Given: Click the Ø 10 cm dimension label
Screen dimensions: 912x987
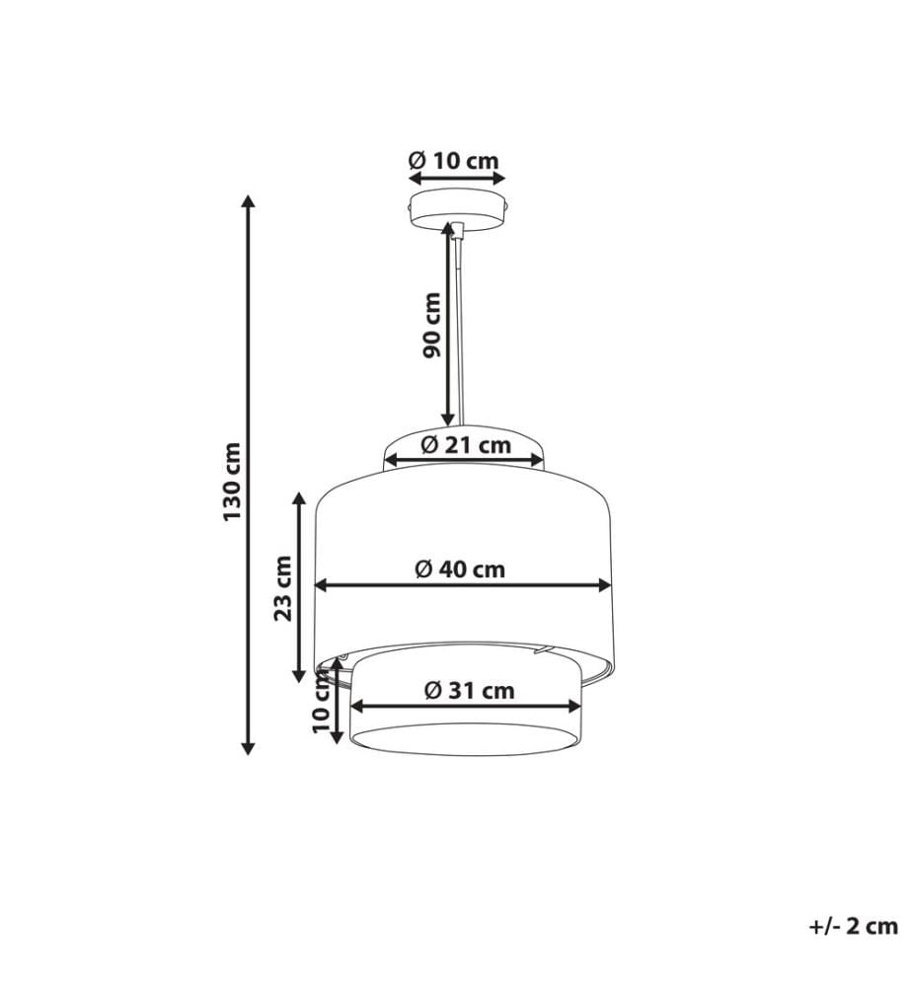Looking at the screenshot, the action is click(454, 161).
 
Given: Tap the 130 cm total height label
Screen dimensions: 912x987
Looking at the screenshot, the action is click(232, 482).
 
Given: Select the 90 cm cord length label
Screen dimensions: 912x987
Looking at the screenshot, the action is click(431, 325).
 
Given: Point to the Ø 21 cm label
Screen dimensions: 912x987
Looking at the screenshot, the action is click(466, 445).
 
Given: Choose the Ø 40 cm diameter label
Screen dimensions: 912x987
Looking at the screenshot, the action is click(460, 569).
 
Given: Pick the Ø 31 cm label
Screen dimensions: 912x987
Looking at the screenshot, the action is click(470, 691).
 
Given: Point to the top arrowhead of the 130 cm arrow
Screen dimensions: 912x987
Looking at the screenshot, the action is click(249, 202).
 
